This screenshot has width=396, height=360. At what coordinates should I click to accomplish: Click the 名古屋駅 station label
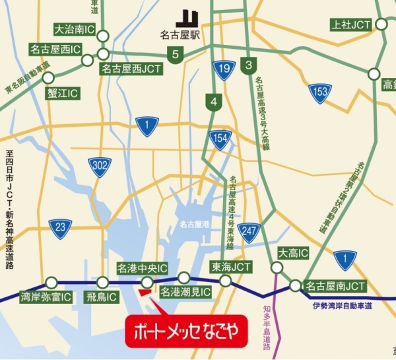181,34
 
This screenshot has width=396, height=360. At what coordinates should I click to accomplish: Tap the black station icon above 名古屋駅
187,17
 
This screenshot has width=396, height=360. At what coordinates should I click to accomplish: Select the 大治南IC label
75,30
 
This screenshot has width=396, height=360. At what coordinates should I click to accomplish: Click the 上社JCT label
351,24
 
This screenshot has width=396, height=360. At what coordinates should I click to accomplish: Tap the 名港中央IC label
142,268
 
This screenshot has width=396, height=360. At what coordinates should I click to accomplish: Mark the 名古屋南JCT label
336,287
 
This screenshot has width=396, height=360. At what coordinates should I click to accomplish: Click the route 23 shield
60,228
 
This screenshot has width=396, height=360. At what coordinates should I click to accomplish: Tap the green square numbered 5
175,55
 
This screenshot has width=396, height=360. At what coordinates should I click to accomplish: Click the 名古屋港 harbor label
193,225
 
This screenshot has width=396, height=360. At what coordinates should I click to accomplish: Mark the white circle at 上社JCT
381,24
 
